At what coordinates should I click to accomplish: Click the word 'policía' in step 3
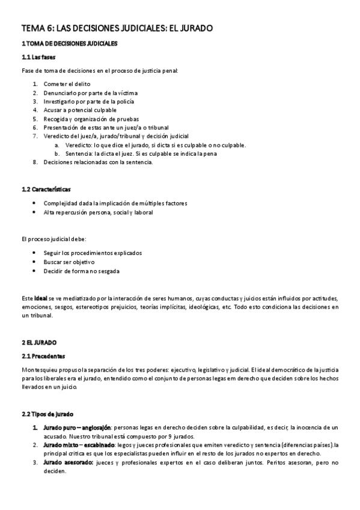tap(124, 102)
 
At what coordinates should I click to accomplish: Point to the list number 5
tap(35, 119)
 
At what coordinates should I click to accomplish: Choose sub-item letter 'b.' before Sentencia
tap(57, 153)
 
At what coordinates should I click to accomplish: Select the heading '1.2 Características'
tap(46, 189)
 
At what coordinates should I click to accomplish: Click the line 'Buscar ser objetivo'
tap(69, 262)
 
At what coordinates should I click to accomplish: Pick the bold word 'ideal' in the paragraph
tap(41, 298)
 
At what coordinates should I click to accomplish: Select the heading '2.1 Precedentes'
tap(43, 356)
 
